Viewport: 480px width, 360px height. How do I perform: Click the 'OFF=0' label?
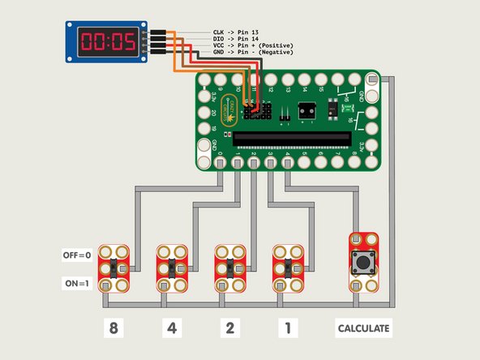click(x=78, y=255)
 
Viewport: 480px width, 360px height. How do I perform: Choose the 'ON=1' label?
click(x=78, y=285)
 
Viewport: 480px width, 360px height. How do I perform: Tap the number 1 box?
click(x=286, y=328)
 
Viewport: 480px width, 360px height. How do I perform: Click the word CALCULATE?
click(x=364, y=328)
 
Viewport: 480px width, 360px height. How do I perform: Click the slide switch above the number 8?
click(x=114, y=268)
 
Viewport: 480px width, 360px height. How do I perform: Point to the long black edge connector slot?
click(x=295, y=139)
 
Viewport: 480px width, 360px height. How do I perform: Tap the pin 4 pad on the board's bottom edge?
click(x=287, y=163)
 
